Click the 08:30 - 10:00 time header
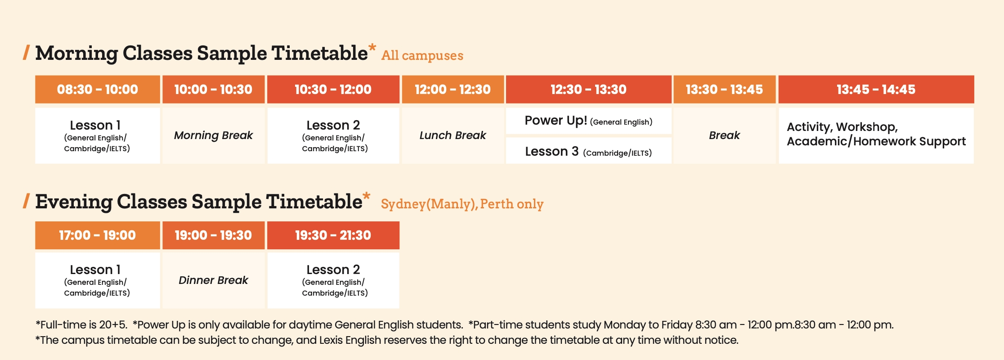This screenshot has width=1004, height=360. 98,89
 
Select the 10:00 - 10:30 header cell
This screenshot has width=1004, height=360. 214,89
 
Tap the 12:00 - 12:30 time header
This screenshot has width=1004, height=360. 453,89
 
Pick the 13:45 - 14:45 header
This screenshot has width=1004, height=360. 876,89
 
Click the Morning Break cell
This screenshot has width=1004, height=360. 214,135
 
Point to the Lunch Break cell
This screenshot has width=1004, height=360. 453,135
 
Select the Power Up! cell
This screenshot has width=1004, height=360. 589,121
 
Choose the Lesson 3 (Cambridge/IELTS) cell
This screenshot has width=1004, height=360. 589,151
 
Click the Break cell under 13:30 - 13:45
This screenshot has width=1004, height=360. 725,135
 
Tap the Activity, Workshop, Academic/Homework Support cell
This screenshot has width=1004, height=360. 876,135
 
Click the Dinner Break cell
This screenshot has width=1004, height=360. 214,280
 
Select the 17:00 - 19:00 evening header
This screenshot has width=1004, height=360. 98,235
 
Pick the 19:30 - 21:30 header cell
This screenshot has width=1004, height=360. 333,235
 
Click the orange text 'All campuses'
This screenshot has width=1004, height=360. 422,55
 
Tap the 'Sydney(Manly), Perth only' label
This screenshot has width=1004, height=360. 462,204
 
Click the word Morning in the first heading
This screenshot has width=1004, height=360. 76,54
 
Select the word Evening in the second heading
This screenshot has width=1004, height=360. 74,202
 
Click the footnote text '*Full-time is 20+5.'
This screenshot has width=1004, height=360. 81,325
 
